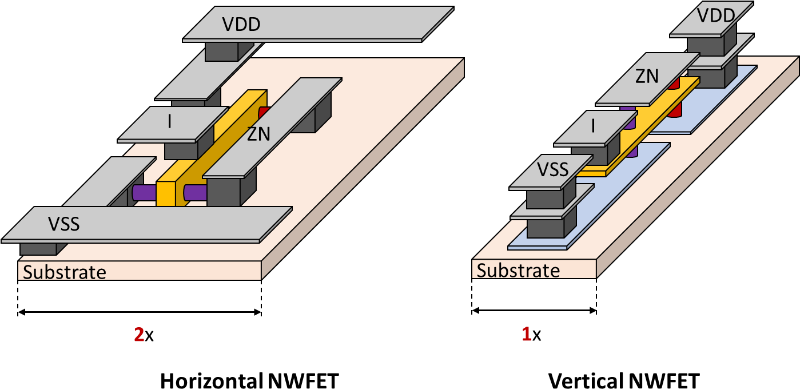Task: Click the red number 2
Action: point(139,335)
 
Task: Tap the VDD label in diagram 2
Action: point(241,25)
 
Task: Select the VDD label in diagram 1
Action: point(716,15)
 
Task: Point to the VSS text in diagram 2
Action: point(63,224)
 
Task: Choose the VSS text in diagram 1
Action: point(552,169)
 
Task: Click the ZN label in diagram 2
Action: point(258,134)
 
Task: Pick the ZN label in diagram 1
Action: point(647,76)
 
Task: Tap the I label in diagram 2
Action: point(170,121)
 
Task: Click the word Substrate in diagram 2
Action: point(65,272)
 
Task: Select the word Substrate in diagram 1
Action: point(518,270)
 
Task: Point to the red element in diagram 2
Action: point(264,112)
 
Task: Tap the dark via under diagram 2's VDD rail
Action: point(222,51)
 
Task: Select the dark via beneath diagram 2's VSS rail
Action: point(38,249)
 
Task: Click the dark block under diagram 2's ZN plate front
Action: point(223,192)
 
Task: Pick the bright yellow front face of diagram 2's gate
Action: point(165,194)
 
